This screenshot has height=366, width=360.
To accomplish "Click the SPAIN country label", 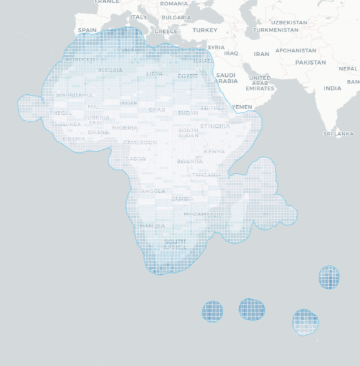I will tap(87, 30).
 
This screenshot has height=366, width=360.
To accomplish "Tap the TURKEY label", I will tap(205, 30).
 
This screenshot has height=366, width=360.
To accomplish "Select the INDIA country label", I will tap(332, 88).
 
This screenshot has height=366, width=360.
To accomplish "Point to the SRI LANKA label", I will tap(338, 134).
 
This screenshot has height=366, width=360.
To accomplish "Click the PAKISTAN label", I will tap(310, 63).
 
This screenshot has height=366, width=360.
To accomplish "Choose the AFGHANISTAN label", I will tap(295, 50).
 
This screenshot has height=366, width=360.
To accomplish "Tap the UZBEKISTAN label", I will tap(289, 23).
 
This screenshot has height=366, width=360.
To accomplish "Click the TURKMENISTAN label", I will tap(275, 30).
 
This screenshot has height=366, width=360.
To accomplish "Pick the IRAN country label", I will tap(261, 54).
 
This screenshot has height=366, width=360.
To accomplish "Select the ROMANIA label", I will tap(174, 4).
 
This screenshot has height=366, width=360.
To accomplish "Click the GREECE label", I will tap(166, 31).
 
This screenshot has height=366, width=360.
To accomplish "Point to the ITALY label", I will tap(139, 17).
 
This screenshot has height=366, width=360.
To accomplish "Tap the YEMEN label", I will tap(242, 107).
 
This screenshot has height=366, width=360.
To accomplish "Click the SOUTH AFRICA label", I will tap(175, 245).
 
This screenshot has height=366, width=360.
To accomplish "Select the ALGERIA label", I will tap(110, 70).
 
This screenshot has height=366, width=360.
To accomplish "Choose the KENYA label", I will tap(214, 152).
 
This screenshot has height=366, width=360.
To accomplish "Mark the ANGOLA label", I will tap(153, 192).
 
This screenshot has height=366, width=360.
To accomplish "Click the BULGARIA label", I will tap(176, 18).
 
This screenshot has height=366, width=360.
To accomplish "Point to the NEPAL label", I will tap(348, 69).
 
